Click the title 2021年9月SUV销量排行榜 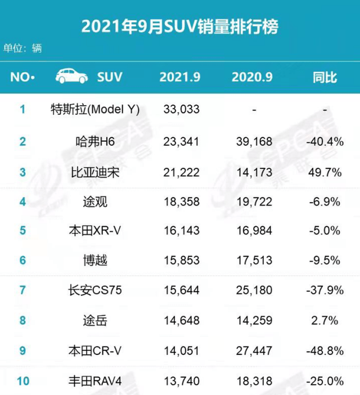(180, 26)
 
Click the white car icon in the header (71, 77)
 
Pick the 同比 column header (325, 77)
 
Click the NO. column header (22, 77)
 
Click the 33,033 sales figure (182, 109)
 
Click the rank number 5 (23, 231)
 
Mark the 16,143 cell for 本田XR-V (182, 231)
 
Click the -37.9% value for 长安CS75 (325, 290)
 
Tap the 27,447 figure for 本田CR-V (254, 351)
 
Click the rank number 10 (23, 381)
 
